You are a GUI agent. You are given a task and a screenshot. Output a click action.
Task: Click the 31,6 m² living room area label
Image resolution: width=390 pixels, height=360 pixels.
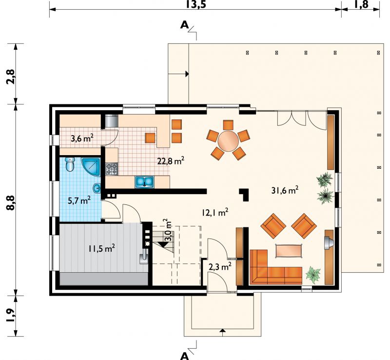(x=285, y=190)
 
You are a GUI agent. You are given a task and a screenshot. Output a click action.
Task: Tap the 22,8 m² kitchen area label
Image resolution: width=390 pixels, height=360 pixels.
(x=171, y=161)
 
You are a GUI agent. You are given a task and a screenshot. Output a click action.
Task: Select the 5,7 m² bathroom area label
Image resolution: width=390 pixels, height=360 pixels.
(x=79, y=200)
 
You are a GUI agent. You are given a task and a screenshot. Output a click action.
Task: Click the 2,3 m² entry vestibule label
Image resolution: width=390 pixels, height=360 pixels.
(x=220, y=267)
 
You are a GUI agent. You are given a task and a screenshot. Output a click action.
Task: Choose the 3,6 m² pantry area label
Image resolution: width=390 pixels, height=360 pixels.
(x=82, y=139)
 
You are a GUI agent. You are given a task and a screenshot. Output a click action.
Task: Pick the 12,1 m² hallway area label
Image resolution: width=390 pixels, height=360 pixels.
(x=215, y=213)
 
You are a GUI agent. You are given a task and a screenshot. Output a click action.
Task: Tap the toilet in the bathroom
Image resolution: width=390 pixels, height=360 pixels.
(x=70, y=164)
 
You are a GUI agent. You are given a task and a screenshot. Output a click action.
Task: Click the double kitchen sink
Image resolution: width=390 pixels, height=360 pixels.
(x=144, y=181)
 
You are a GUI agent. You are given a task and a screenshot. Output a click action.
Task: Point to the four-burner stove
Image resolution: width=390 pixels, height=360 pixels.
(x=112, y=169)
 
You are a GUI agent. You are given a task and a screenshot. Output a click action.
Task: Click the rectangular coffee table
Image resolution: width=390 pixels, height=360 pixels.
(x=289, y=250)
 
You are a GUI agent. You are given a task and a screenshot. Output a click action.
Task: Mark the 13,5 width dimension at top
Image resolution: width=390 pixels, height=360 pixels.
(x=196, y=4)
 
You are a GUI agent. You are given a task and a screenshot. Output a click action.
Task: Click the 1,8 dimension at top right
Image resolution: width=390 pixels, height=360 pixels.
(x=361, y=4)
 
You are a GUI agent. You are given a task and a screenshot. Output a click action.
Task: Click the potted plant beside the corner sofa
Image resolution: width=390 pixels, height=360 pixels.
(x=312, y=274)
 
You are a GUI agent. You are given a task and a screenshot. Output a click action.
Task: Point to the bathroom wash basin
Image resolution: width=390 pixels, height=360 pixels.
(x=97, y=188)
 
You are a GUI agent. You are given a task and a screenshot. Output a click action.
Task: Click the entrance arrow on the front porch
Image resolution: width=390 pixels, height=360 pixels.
(x=223, y=331)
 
